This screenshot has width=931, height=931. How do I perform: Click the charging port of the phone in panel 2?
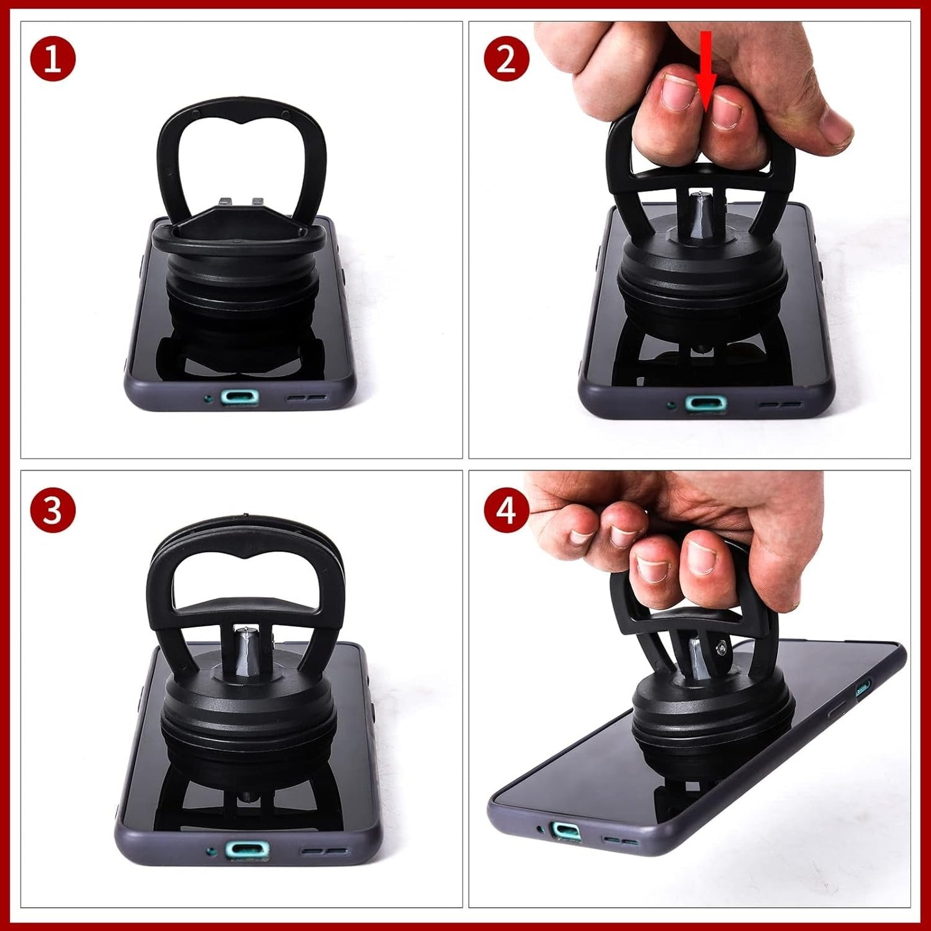(x=705, y=403)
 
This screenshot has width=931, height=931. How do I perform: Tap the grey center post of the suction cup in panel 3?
(x=245, y=651)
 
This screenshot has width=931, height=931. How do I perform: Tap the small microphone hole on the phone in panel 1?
(x=207, y=398)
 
